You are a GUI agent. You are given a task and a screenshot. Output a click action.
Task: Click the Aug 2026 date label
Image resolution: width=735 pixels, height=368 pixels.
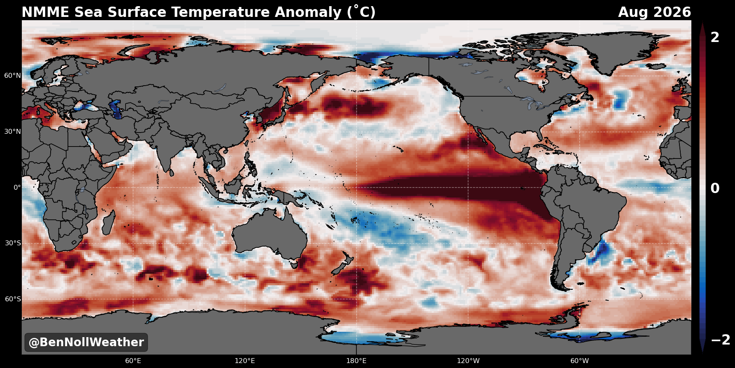[654, 12]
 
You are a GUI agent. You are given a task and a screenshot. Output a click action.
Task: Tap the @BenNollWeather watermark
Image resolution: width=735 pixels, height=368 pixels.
[86, 342]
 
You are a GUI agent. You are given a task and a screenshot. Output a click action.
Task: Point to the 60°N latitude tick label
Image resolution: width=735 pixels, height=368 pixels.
[13, 76]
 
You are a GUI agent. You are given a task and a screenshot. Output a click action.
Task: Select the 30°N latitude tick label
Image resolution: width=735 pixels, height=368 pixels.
[13, 132]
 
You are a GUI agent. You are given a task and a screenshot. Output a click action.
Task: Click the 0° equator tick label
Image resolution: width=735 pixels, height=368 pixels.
[17, 187]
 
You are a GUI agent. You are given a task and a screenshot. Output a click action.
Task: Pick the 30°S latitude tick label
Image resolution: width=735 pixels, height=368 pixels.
[13, 243]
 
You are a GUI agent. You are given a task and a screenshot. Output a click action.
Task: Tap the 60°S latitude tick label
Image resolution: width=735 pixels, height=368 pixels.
[13, 299]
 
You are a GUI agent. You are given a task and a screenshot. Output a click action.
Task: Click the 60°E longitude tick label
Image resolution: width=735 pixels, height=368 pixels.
[133, 361]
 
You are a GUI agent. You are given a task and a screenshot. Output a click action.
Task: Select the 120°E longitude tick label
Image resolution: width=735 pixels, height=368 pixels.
[245, 361]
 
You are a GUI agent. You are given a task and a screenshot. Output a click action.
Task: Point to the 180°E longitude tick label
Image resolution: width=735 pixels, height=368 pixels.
[356, 361]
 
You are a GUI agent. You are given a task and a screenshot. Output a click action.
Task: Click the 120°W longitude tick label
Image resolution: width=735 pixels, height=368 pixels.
[468, 361]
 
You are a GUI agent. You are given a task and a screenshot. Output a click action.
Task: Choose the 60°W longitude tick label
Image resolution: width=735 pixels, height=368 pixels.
[579, 361]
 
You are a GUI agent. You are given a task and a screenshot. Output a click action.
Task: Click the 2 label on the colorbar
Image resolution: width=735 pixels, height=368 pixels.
[715, 37]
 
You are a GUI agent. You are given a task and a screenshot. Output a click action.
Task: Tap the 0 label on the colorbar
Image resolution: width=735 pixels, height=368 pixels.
[715, 189]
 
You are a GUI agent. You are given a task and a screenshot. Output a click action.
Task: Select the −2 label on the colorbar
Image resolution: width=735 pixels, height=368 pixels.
[721, 340]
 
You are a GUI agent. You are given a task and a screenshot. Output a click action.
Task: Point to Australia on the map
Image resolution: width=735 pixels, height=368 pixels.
[272, 233]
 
